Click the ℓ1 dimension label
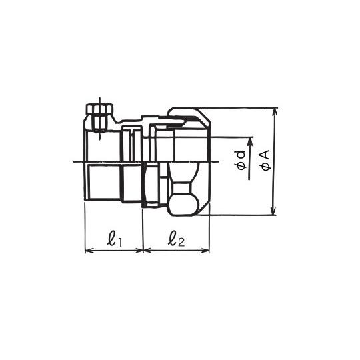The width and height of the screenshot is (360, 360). (115, 240)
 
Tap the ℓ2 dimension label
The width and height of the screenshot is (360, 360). (176, 240)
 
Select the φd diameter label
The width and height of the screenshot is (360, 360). (241, 160)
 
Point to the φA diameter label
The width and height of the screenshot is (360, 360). (265, 160)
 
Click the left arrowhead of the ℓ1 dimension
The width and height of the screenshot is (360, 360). (89, 251)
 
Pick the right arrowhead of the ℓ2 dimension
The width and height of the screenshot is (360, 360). (206, 251)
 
